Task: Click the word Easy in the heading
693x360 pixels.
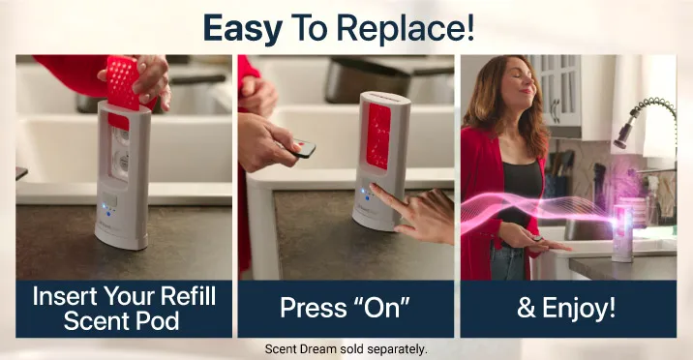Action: click(243, 29)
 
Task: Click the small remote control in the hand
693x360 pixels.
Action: click(304, 148)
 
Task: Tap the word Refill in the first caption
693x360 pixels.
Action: click(188, 296)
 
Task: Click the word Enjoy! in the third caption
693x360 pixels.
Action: click(579, 308)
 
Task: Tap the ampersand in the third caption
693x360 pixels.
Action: click(527, 309)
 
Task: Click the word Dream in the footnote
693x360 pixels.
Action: click(318, 349)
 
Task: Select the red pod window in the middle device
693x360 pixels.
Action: click(377, 136)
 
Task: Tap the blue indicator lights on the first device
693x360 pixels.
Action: click(106, 209)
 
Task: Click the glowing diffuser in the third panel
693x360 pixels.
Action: click(621, 232)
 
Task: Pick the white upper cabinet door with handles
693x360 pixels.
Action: click(556, 91)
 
